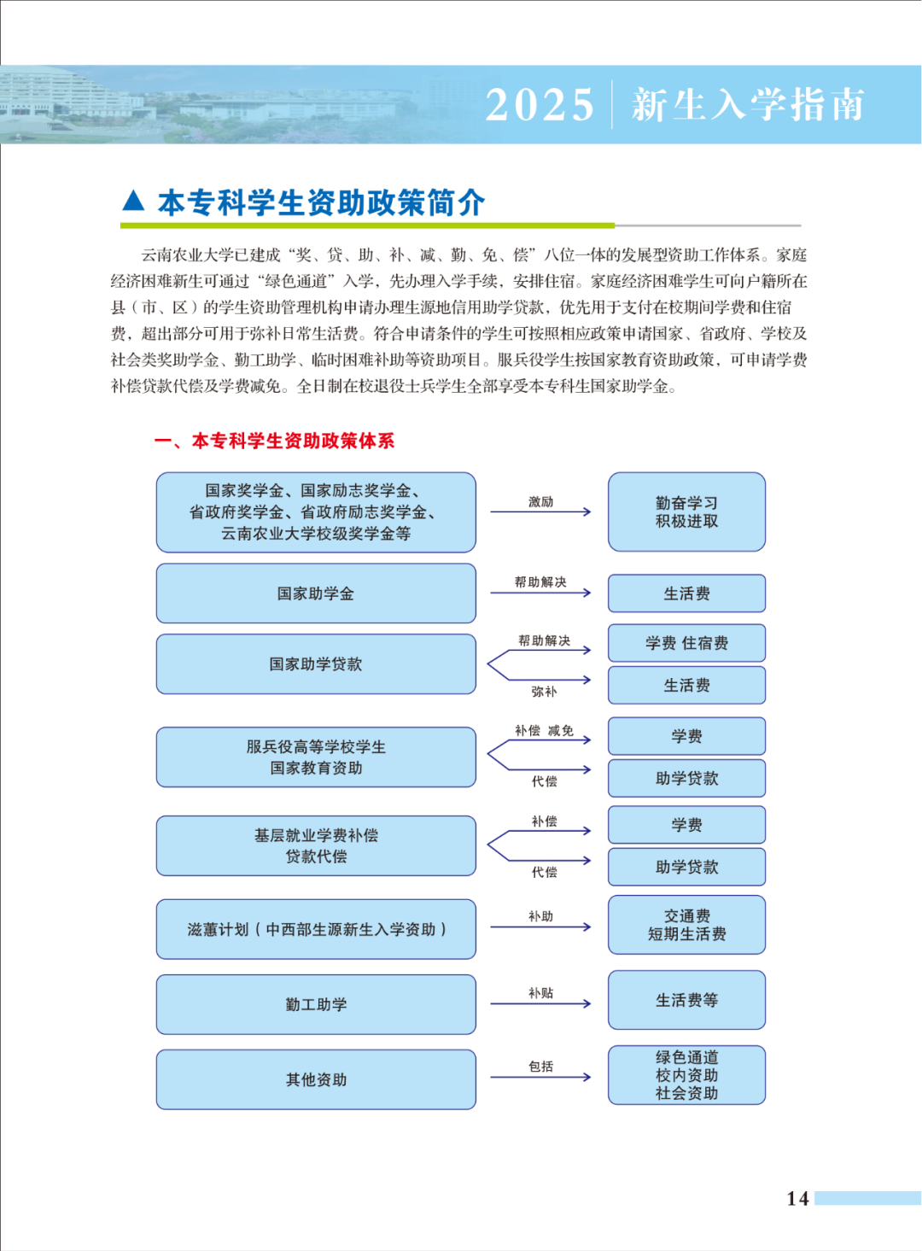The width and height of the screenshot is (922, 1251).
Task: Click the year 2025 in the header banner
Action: (539, 105)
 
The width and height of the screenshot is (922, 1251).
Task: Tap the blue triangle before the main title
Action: (133, 201)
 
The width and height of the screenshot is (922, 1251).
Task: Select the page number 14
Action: (797, 1198)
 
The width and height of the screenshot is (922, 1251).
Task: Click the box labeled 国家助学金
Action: (316, 593)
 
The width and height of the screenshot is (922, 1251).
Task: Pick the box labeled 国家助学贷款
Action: (316, 664)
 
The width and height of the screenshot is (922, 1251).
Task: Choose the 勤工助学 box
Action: (316, 1004)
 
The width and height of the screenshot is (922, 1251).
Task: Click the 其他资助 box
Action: (316, 1079)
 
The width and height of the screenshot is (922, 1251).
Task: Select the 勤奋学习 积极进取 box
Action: (686, 512)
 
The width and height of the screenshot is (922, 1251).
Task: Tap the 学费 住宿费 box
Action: (686, 643)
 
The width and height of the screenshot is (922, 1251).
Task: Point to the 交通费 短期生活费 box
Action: (686, 925)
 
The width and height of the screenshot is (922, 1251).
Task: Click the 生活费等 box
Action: (686, 1000)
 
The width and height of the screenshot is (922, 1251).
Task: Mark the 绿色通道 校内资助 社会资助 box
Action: (686, 1075)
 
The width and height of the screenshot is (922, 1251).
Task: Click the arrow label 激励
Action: (540, 502)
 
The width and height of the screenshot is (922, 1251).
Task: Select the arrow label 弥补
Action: (544, 692)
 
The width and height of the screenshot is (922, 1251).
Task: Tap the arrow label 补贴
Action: (540, 993)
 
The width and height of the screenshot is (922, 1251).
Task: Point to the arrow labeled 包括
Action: (540, 1076)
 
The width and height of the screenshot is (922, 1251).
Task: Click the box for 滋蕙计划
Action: (316, 929)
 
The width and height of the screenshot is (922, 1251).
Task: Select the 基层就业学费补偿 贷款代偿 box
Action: (316, 845)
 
